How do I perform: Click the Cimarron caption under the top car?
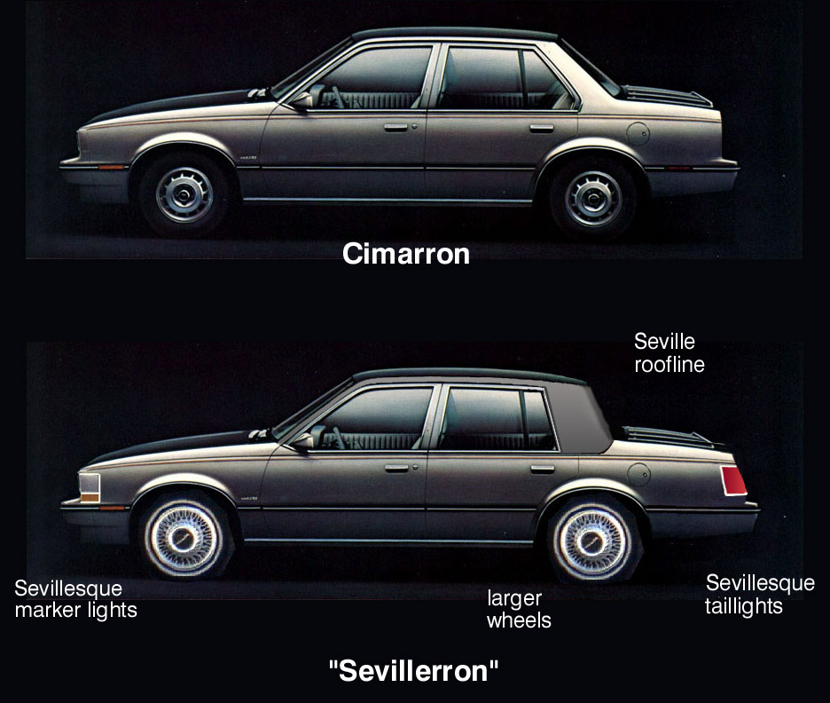(406, 254)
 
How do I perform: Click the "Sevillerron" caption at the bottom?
(413, 671)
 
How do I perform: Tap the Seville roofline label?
(669, 352)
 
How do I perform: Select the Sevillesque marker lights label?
(75, 599)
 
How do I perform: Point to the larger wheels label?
(519, 609)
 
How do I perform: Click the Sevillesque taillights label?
(760, 595)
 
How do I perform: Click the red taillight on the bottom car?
(733, 481)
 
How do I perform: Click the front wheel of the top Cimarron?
(184, 194)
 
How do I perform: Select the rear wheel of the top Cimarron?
(593, 198)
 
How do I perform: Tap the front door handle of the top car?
(396, 127)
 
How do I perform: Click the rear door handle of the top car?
(542, 128)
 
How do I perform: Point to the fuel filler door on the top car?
(638, 133)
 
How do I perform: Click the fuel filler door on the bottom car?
(638, 474)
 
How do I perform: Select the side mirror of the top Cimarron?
(302, 99)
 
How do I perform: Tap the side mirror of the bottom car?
(303, 441)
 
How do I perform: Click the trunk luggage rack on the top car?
(667, 96)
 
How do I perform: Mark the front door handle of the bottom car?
(397, 469)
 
